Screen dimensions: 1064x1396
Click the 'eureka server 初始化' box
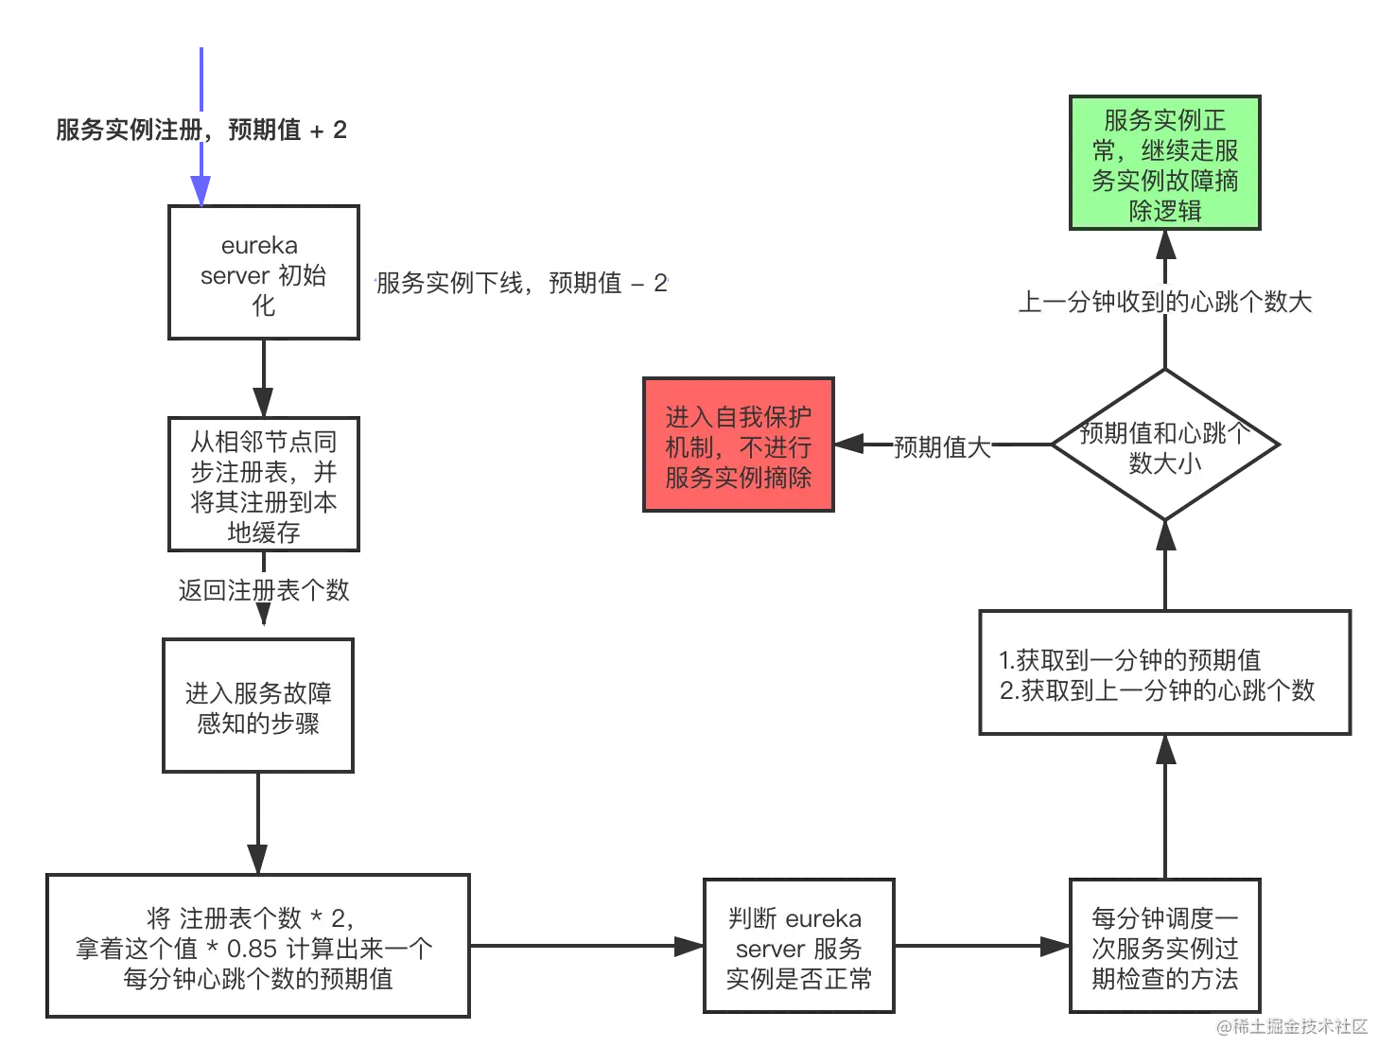point(264,273)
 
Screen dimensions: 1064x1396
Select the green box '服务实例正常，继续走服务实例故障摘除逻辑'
point(1164,165)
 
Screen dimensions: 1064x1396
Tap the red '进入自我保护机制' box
point(738,445)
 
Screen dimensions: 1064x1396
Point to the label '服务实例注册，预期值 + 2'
point(201,129)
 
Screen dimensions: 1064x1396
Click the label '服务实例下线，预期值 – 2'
point(521,282)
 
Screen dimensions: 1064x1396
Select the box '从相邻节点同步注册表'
point(264,485)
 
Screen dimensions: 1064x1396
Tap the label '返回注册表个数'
point(264,590)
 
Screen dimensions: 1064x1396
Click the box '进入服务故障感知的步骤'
point(257,707)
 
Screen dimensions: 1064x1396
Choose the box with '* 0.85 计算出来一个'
point(257,947)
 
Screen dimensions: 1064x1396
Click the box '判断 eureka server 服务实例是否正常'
point(798,947)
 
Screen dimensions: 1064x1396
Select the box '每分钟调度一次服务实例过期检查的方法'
point(1164,947)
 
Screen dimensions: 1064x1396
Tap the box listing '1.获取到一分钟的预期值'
point(1164,674)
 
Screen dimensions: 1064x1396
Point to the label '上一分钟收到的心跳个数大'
point(1164,301)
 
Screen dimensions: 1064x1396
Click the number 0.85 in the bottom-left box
point(252,948)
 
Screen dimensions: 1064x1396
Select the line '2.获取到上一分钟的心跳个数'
point(1157,690)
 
